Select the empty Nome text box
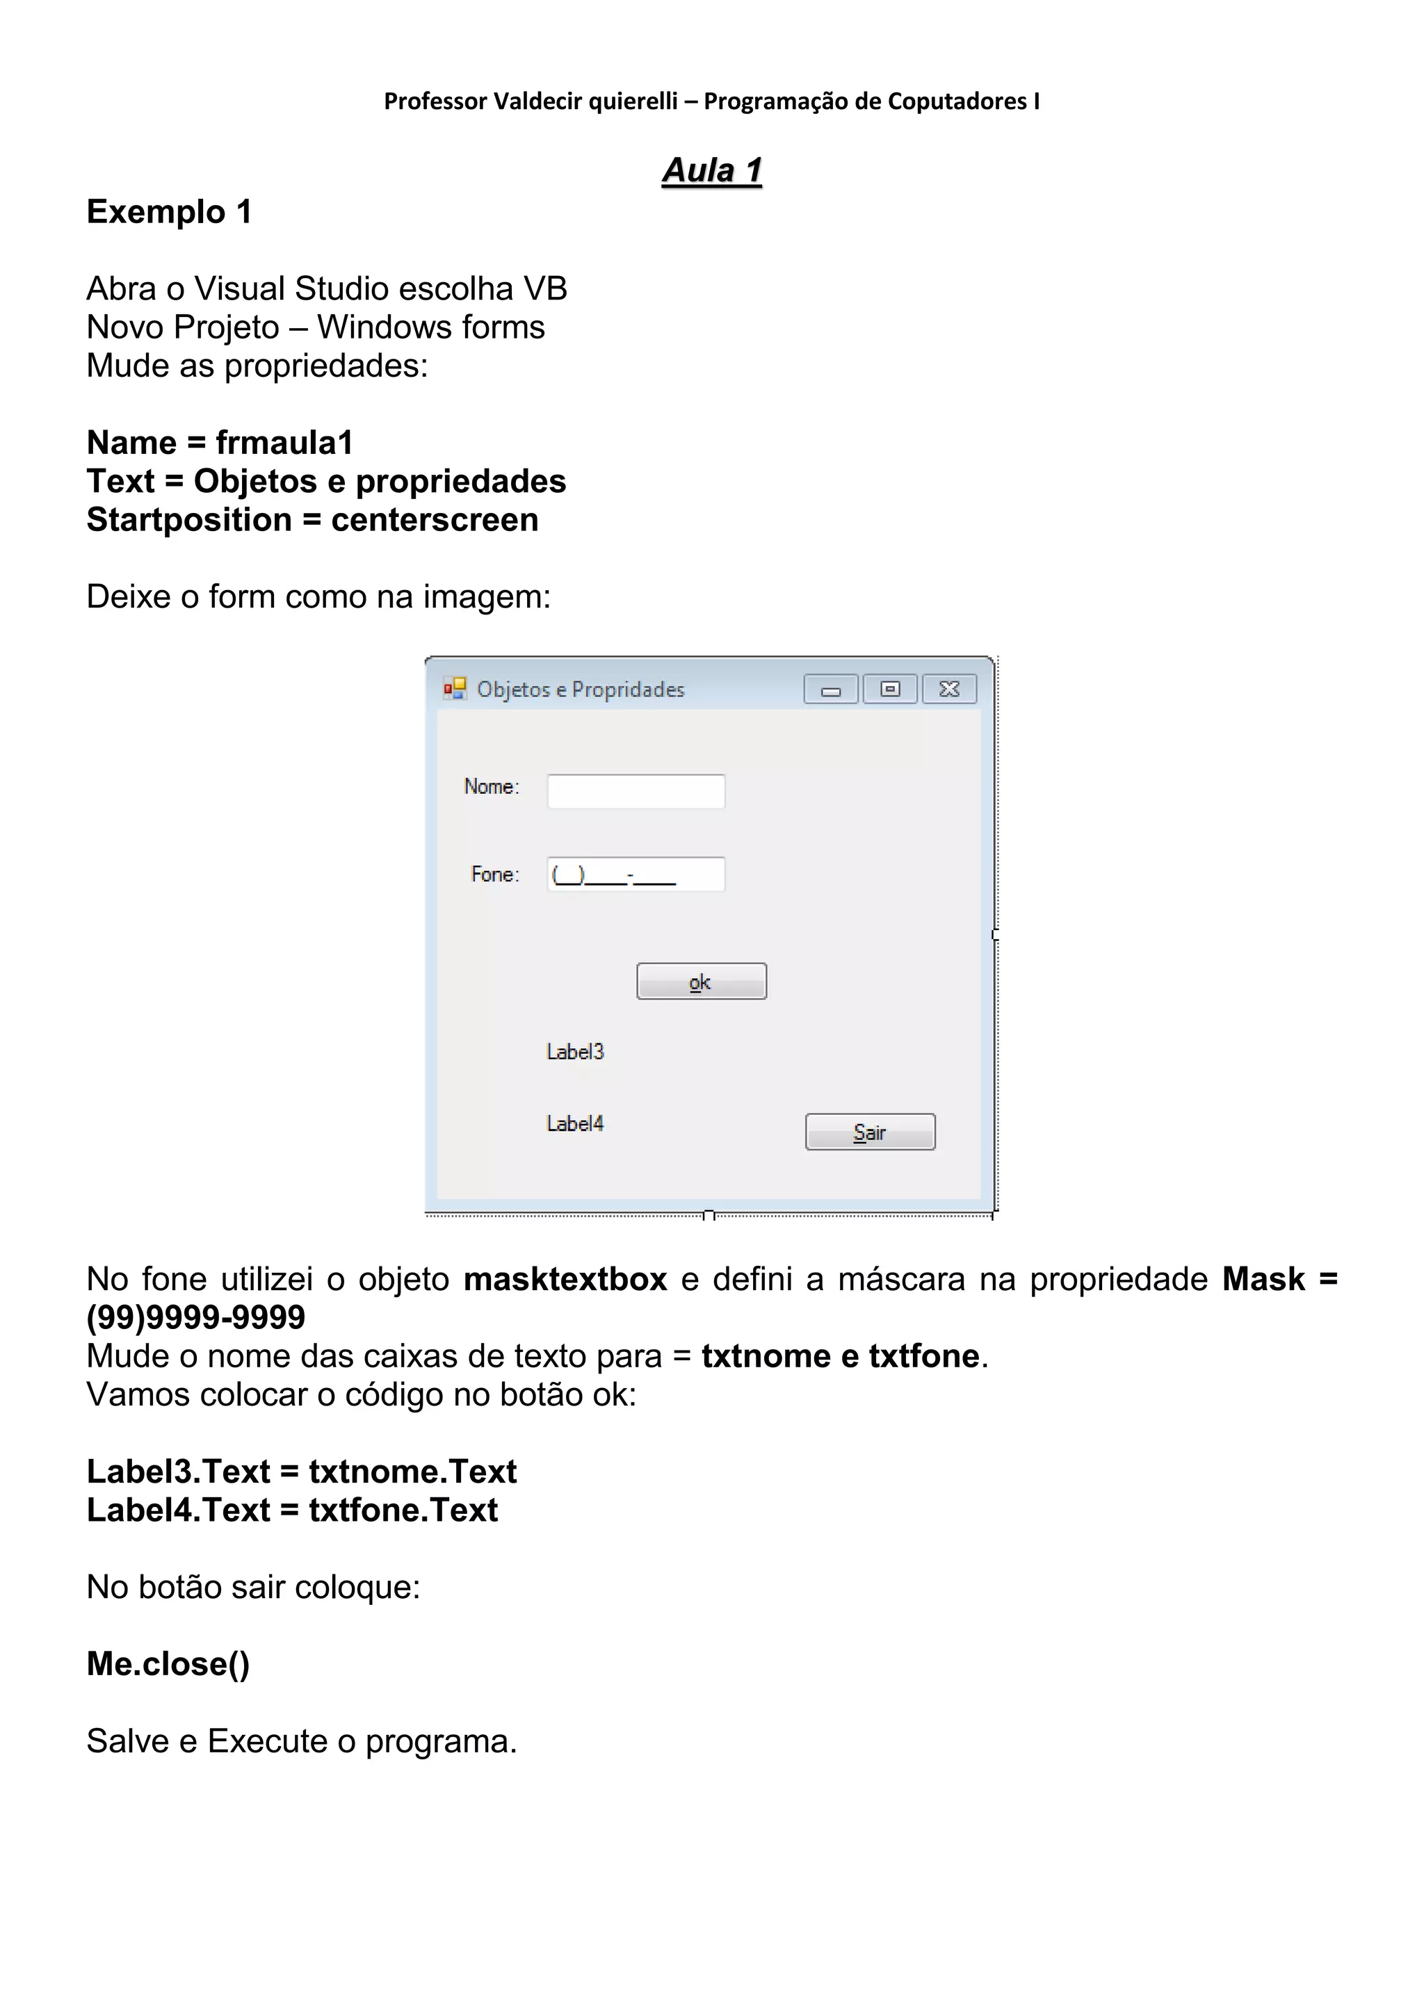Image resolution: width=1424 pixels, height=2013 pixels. tap(636, 791)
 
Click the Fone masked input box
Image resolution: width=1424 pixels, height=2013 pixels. tap(636, 874)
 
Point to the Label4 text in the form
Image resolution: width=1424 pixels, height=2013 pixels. tap(575, 1123)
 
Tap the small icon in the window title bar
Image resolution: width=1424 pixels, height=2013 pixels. tap(454, 688)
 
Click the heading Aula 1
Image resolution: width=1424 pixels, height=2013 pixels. tap(712, 170)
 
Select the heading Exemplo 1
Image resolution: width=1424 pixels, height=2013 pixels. tap(169, 212)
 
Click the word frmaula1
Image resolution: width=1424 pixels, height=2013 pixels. tap(284, 443)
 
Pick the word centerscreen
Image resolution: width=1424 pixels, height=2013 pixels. tap(434, 520)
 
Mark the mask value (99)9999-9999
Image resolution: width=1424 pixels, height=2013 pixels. tap(195, 1318)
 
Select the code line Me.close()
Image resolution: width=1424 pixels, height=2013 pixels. tap(168, 1663)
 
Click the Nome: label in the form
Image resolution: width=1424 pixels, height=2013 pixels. tap(491, 786)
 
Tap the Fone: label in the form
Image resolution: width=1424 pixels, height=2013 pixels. tap(494, 874)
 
